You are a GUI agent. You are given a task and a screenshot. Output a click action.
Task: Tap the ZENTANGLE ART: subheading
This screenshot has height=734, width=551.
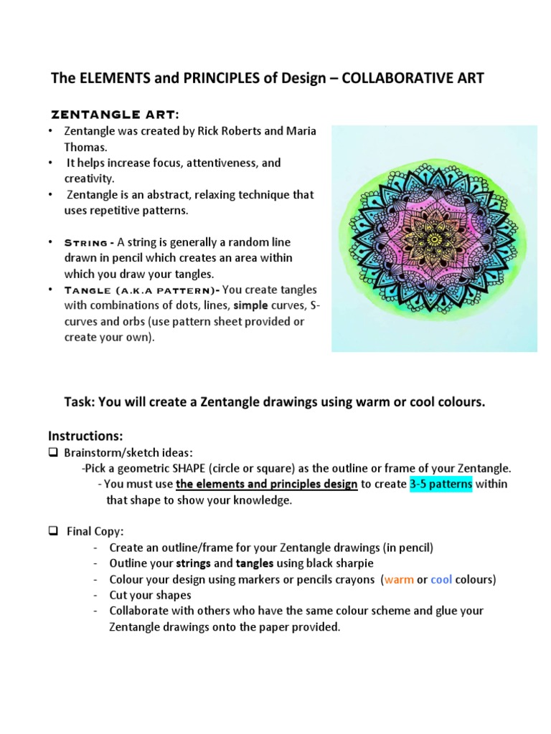114,115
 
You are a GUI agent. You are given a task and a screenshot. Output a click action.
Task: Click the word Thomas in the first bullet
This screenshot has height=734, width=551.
85,147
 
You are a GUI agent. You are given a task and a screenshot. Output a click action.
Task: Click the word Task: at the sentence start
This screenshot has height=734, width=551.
80,402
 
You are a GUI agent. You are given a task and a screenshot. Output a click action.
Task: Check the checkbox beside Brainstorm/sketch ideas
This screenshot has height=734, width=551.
53,452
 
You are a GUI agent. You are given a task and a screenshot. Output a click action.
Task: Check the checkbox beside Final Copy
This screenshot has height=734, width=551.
53,531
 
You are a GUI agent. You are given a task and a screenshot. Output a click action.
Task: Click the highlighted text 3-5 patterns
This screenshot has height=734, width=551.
441,484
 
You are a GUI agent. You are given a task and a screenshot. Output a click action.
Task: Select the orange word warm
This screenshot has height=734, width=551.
399,579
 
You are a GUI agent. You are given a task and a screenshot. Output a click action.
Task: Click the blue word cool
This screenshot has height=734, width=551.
441,579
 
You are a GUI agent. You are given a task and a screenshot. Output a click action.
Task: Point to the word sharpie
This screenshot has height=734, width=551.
354,563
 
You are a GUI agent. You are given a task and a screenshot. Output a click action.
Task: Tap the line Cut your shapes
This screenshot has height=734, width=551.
150,595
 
